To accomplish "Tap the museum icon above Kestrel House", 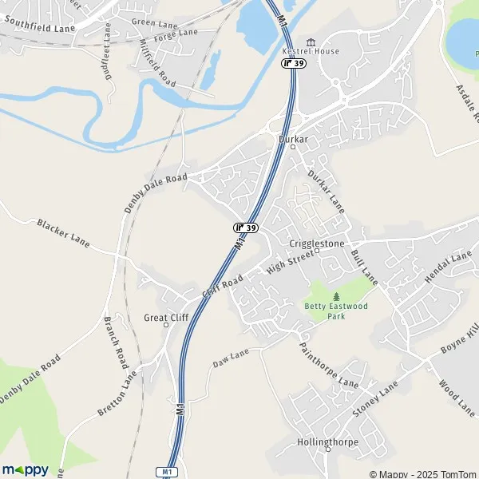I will click(x=311, y=42).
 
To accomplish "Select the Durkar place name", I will click(x=293, y=139).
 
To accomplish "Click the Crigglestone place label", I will click(x=316, y=243).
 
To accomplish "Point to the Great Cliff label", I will click(x=165, y=317).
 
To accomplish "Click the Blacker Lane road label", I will click(x=63, y=232).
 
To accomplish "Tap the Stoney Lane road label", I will click(x=375, y=399).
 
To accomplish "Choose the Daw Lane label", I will click(x=232, y=358).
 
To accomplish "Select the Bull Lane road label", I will click(x=363, y=267).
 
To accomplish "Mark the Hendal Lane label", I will click(x=449, y=267).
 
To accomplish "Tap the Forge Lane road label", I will click(x=176, y=34).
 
